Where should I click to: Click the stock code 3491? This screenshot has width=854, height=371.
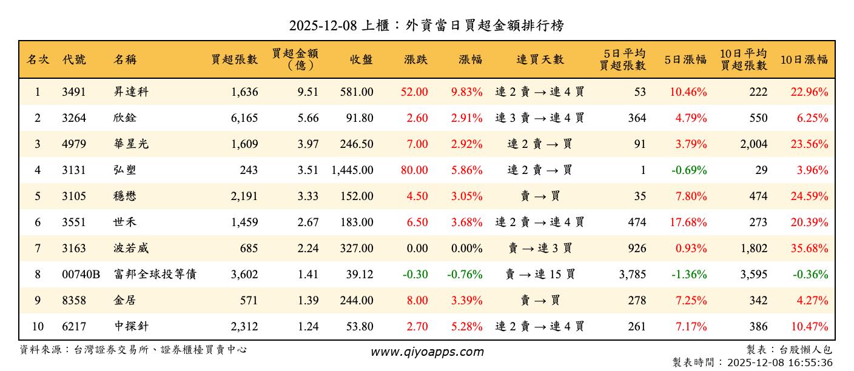[74, 92]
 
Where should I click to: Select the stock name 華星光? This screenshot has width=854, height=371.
[131, 144]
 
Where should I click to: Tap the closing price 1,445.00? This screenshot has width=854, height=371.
[352, 170]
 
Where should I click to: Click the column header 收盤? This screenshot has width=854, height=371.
[361, 59]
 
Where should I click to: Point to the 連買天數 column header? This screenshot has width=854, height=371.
[540, 59]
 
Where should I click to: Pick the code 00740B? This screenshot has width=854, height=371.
[81, 275]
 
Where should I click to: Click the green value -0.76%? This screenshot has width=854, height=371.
[465, 275]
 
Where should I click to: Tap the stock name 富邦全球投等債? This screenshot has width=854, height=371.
[155, 275]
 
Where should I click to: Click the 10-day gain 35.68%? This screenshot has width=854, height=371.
[809, 249]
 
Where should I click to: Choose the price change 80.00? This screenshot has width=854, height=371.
[414, 170]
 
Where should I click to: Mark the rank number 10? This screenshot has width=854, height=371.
[38, 327]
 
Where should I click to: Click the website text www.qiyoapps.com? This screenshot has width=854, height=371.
[427, 352]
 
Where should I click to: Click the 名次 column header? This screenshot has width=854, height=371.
[38, 59]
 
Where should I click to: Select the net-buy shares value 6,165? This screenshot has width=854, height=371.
[244, 118]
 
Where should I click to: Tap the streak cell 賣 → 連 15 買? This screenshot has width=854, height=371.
[540, 275]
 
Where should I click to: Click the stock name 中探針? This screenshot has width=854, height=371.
[131, 327]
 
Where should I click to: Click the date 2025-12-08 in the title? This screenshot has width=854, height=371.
[322, 25]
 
